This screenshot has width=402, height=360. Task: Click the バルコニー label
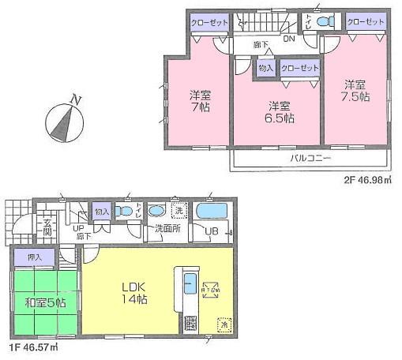(x=310, y=158)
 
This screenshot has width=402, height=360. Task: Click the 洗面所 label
(x=167, y=229)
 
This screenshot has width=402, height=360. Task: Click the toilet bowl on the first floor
(x=124, y=212)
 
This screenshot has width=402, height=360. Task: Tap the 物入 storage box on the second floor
(x=265, y=69)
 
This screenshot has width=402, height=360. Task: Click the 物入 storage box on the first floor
(x=101, y=212)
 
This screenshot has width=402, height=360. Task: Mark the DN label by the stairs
(x=288, y=37)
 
